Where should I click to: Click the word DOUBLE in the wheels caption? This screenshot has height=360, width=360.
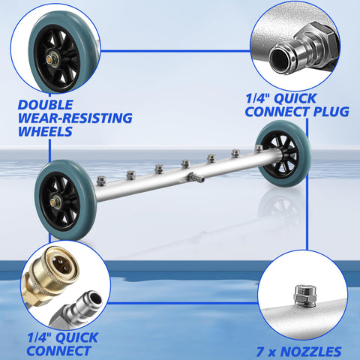coord(45,105)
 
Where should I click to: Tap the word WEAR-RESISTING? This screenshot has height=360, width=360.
coord(75,118)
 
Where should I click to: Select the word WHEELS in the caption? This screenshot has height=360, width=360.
coord(45,131)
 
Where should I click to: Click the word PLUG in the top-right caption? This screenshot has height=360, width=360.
coord(331,112)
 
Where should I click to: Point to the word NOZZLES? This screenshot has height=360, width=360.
coord(310,352)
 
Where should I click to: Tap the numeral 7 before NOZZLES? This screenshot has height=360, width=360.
coord(260,352)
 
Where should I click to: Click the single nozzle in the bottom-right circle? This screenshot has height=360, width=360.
coord(304,295)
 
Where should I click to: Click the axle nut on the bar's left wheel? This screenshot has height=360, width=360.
coord(54,202)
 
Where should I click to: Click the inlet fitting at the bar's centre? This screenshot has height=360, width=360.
coord(196,177)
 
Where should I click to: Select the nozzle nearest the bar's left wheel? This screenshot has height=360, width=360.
coord(101,181)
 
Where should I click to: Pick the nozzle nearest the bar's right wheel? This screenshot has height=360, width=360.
coord(259,148)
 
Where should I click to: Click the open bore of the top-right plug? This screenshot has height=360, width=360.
coord(280,61)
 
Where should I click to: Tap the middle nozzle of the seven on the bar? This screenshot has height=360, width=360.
coord(186,163)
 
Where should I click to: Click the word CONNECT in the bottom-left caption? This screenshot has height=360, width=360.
coord(58,351)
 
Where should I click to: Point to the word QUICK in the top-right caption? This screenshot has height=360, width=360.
coord(295,98)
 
